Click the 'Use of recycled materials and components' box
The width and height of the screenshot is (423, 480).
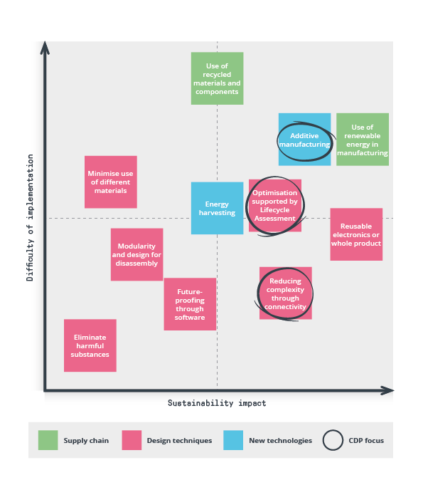tap(217, 78)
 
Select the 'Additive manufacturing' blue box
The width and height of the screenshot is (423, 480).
tap(304, 140)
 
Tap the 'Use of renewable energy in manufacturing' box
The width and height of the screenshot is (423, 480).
tap(363, 140)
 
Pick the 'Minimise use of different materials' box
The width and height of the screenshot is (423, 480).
tap(111, 182)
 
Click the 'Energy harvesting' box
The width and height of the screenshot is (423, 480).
tap(217, 208)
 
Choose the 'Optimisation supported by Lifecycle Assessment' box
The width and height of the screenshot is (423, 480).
tap(275, 205)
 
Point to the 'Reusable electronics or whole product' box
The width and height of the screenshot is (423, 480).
tap(356, 234)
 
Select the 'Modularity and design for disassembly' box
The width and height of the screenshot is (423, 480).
tap(136, 254)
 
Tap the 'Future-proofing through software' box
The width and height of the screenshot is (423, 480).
tap(190, 304)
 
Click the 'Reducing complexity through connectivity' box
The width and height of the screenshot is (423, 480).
tap(285, 293)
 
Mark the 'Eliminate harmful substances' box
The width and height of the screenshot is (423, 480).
tap(90, 345)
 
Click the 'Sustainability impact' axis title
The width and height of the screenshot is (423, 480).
tap(217, 403)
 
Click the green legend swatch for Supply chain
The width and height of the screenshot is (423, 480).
tap(48, 440)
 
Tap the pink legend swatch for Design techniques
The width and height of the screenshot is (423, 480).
tap(132, 440)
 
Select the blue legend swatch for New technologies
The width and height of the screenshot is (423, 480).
tap(233, 440)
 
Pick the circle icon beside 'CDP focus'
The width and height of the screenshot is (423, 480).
tap(333, 440)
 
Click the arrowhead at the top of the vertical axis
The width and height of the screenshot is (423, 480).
tap(45, 47)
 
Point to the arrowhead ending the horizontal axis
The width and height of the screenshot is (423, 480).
tap(387, 390)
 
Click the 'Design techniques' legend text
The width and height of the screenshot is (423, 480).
tap(179, 441)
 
